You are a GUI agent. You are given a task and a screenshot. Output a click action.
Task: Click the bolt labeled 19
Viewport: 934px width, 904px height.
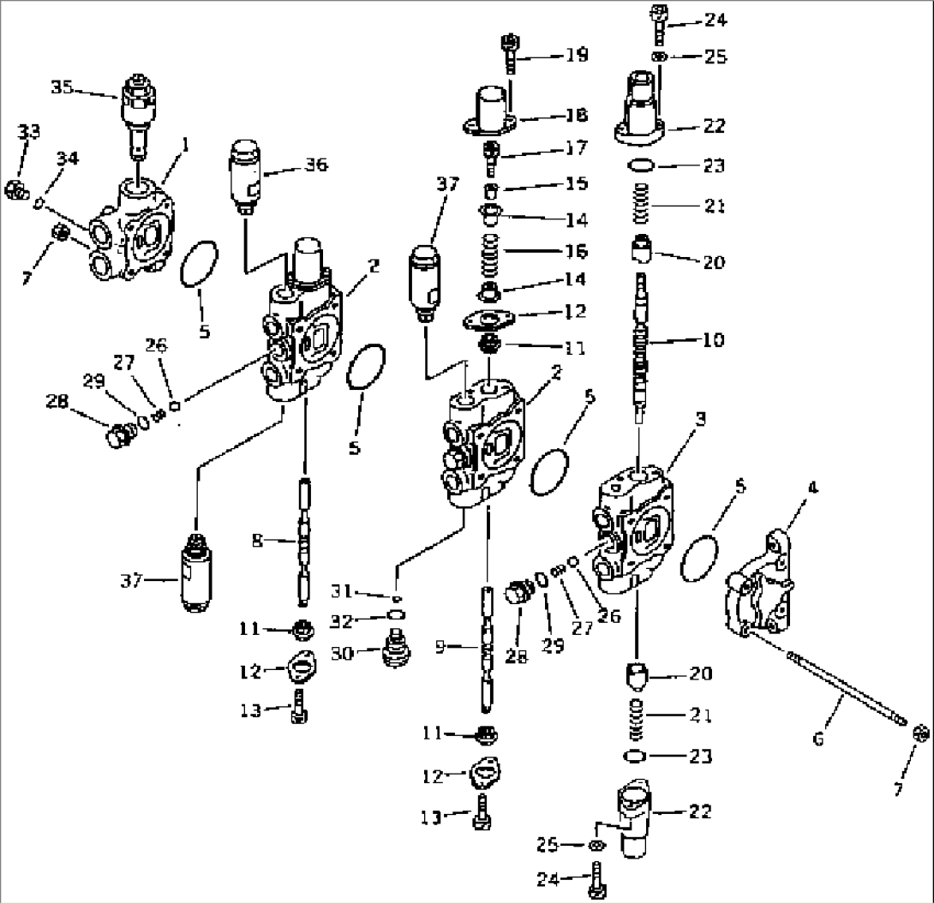pyautogui.click(x=509, y=53)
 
